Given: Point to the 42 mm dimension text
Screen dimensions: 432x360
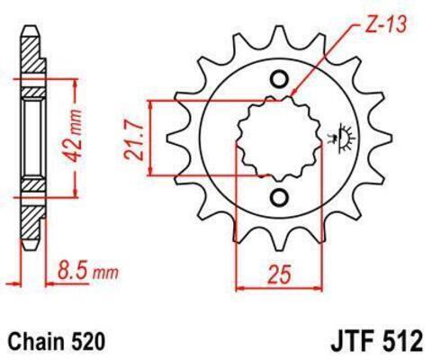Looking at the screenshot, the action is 74,136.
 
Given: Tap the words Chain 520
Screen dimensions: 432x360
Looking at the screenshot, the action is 58,341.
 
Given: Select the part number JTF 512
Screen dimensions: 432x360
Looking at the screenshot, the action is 377,341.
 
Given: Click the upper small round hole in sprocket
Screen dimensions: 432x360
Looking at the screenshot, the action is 279,79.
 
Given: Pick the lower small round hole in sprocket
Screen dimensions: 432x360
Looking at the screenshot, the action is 279,197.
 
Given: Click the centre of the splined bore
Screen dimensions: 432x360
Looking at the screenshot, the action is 279,139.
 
